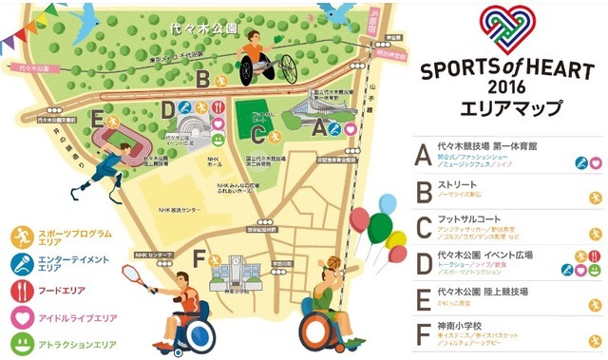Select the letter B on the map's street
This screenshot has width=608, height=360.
[203, 79]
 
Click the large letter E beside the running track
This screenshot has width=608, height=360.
[98, 121]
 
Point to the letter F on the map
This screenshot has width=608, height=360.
[198, 257]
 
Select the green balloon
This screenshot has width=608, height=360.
[380, 227]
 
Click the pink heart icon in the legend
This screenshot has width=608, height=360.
[19, 311]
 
